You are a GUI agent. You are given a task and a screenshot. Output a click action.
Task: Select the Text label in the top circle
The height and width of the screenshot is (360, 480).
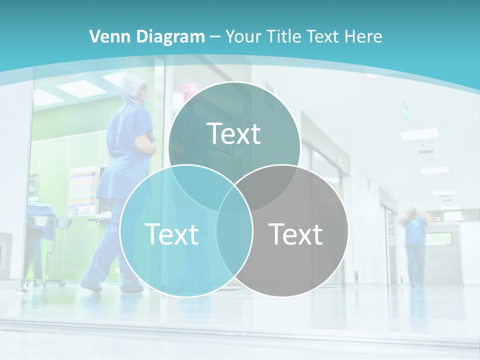coord(234,133)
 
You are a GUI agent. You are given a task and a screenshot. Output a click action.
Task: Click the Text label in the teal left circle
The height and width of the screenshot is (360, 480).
coord(171,234)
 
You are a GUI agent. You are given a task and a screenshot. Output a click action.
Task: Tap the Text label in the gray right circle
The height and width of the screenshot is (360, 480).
coord(295,234)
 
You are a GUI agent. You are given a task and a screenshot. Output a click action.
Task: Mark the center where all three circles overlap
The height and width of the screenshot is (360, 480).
coord(234,199)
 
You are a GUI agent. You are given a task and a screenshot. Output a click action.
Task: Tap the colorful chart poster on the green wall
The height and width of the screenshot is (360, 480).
coord(82,190)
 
